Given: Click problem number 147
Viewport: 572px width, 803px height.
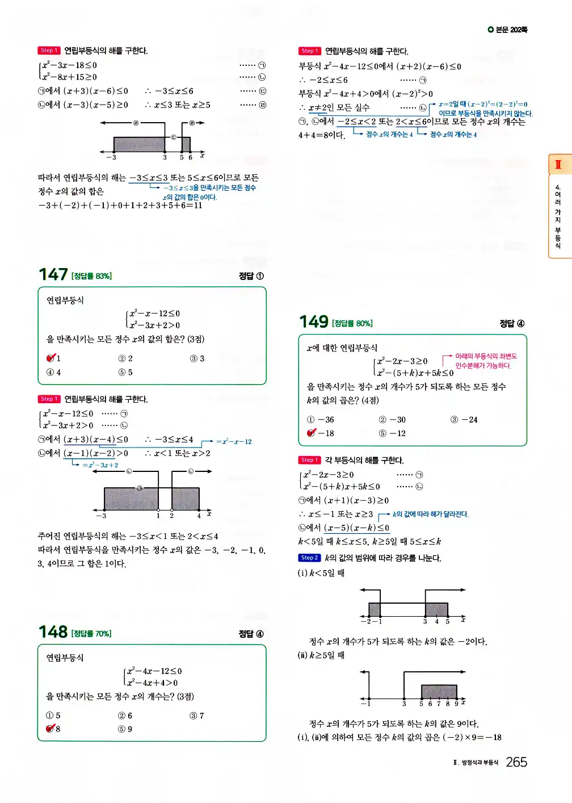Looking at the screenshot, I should [x=53, y=275].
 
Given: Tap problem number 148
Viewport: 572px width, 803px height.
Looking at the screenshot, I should [x=53, y=632].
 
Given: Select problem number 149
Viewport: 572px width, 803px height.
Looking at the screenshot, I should [x=314, y=322].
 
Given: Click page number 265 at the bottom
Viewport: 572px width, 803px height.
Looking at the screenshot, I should [x=516, y=762].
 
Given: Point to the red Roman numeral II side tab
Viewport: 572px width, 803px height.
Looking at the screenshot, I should [x=558, y=165].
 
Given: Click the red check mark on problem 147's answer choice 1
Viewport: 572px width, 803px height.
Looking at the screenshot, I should [x=51, y=358].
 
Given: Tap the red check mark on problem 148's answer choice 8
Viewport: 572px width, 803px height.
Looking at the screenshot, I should [x=51, y=729].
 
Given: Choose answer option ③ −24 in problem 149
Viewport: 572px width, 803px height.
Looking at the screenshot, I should [x=464, y=420].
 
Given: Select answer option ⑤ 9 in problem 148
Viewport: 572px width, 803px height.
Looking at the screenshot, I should [x=125, y=729].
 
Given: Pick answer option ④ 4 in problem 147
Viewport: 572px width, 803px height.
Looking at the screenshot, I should [x=54, y=372].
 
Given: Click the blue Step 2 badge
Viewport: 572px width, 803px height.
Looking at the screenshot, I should [x=309, y=558].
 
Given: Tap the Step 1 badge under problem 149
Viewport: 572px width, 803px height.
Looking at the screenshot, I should [x=309, y=460].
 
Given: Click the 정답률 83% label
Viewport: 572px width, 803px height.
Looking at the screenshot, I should [x=91, y=276].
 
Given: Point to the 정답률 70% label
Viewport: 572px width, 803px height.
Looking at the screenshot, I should [x=91, y=633].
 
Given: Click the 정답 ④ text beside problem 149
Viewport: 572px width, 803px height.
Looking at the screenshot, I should [x=512, y=323].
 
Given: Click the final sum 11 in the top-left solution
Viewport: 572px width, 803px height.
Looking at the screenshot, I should [x=198, y=206].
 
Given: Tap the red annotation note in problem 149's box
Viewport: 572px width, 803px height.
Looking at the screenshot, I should [x=486, y=361].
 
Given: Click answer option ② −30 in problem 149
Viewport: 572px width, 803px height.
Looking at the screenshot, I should [x=393, y=420].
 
